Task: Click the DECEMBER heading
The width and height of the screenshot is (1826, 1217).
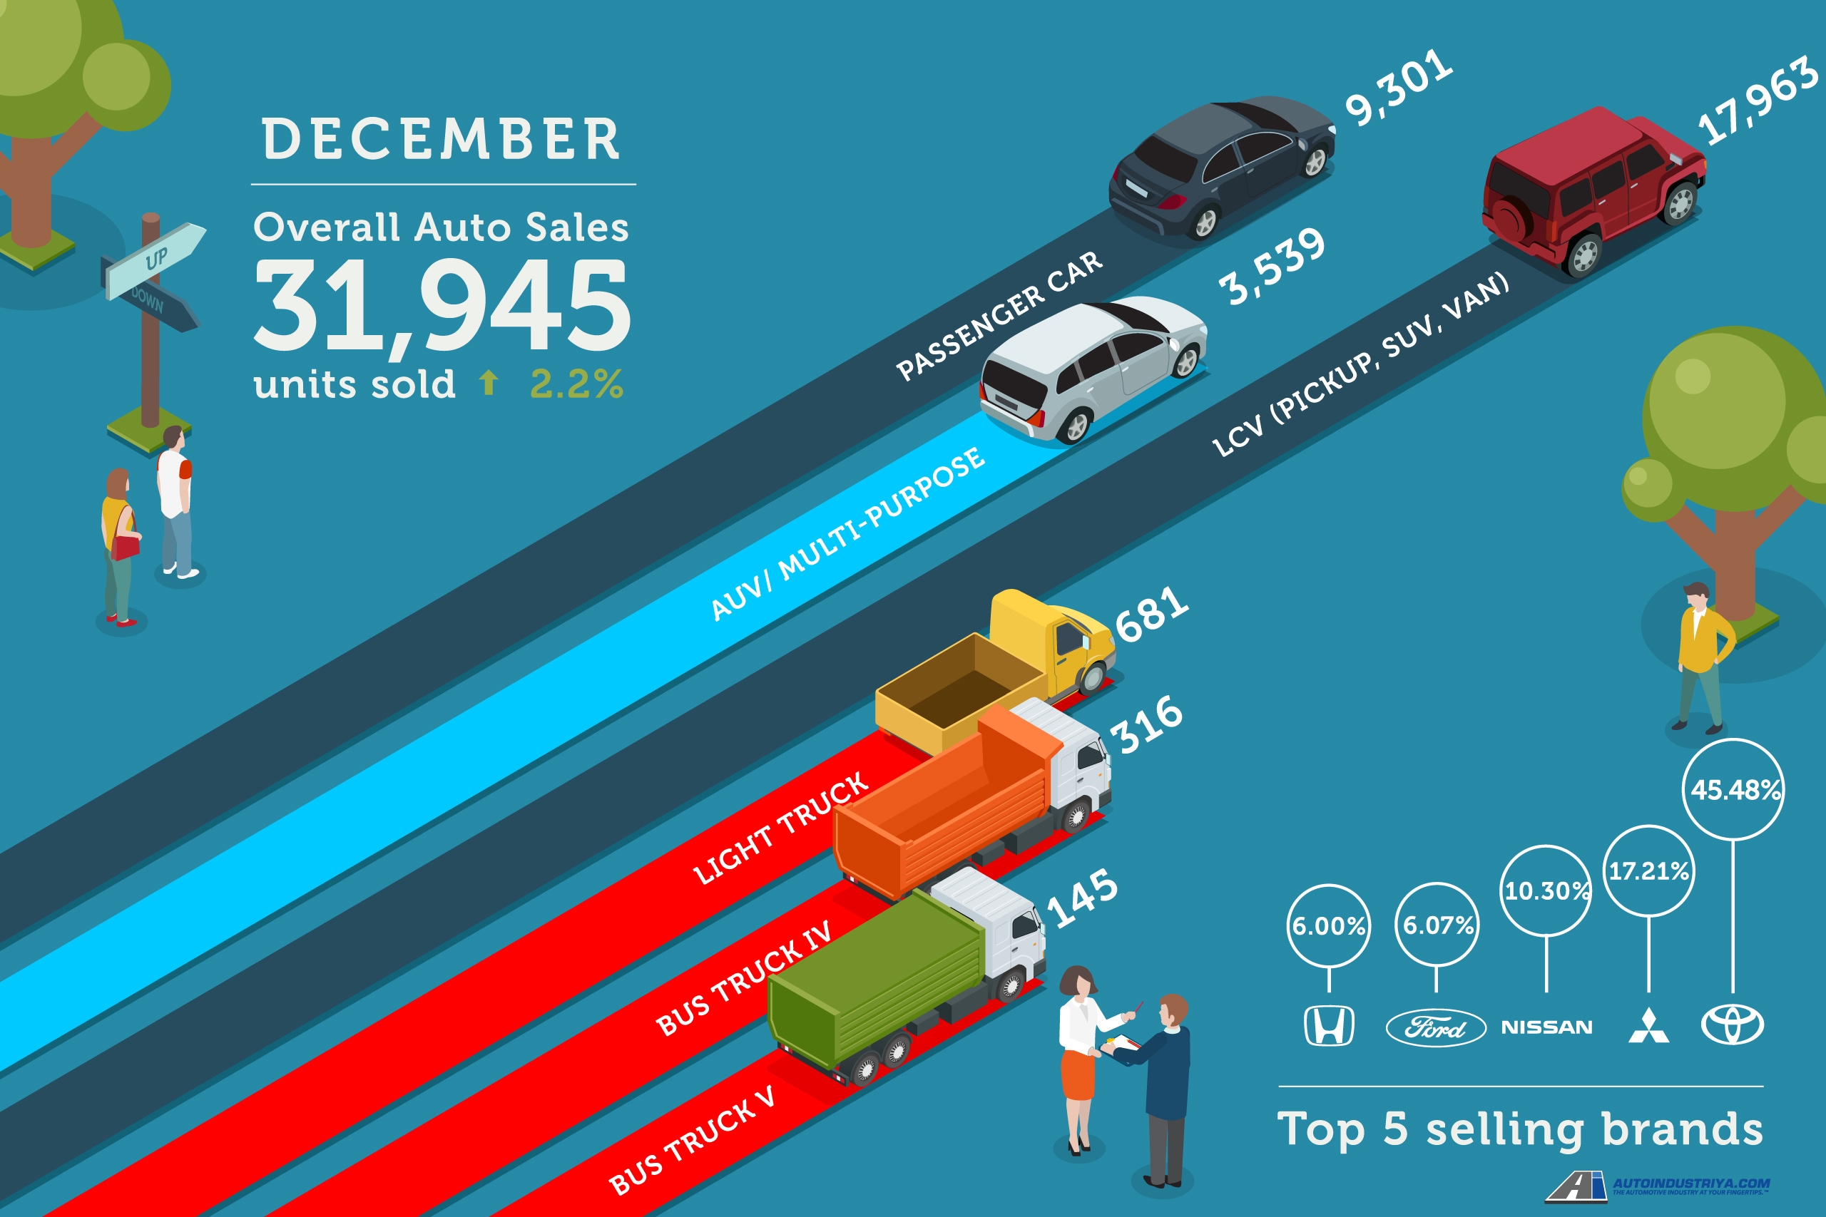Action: click(441, 140)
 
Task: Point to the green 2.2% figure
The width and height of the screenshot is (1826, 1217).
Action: click(576, 384)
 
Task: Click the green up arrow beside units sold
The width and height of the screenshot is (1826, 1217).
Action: click(489, 382)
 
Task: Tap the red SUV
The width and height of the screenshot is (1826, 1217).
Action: click(1591, 190)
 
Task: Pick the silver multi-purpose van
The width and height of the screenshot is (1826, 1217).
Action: click(1091, 365)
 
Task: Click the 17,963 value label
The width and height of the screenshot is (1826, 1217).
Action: click(1756, 101)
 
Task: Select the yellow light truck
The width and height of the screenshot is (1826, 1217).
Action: click(1001, 667)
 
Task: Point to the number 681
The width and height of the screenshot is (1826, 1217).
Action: click(1151, 614)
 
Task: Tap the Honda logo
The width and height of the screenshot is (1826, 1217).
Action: click(1328, 1025)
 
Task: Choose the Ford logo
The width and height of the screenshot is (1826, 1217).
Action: click(1436, 1028)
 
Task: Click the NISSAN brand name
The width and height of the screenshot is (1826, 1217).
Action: click(1546, 1027)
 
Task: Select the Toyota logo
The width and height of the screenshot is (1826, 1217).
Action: click(1732, 1025)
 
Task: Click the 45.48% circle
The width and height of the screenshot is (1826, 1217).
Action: click(1733, 790)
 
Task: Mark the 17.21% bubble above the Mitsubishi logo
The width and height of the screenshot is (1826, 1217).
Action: click(1648, 871)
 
